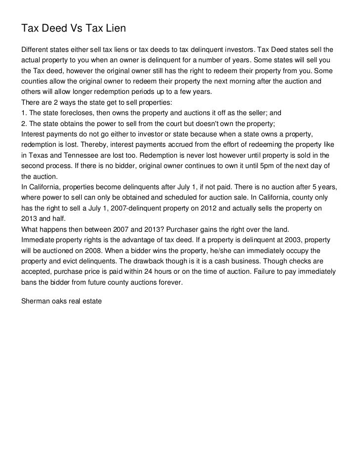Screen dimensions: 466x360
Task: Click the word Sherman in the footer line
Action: (x=36, y=300)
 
